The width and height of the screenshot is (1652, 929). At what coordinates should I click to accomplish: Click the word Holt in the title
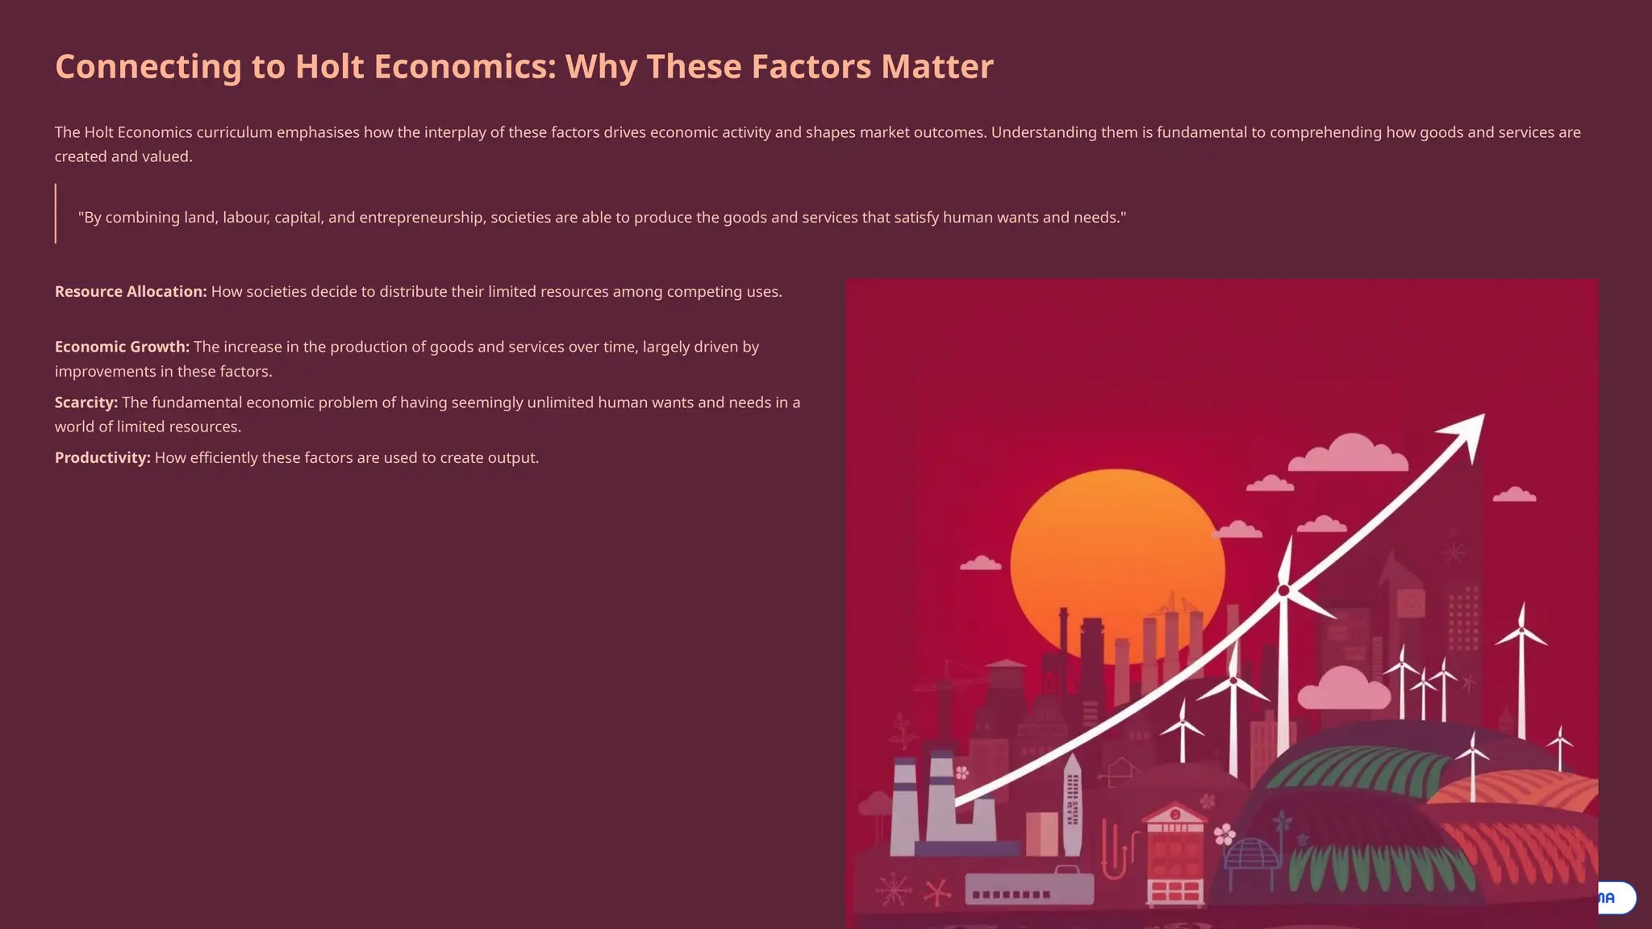(x=329, y=67)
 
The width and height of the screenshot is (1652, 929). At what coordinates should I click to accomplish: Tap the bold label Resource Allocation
(x=130, y=292)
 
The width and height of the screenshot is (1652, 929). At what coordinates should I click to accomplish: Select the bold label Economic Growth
(x=122, y=347)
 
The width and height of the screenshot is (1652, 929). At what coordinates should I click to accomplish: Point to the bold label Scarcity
(x=86, y=402)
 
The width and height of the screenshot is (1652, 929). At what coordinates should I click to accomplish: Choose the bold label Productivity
(x=102, y=458)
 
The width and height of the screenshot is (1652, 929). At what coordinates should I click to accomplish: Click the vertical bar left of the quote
(x=56, y=214)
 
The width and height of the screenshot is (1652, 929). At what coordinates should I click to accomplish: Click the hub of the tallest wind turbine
(x=1283, y=591)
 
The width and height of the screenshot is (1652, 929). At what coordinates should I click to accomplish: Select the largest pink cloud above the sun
(x=1349, y=454)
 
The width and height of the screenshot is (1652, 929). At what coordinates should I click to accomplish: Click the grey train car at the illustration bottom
(x=1029, y=888)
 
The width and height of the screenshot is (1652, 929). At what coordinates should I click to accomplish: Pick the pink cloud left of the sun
(x=981, y=563)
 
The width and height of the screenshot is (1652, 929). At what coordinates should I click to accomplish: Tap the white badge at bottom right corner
(x=1617, y=898)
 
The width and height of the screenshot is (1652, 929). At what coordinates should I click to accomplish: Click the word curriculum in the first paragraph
(x=234, y=132)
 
